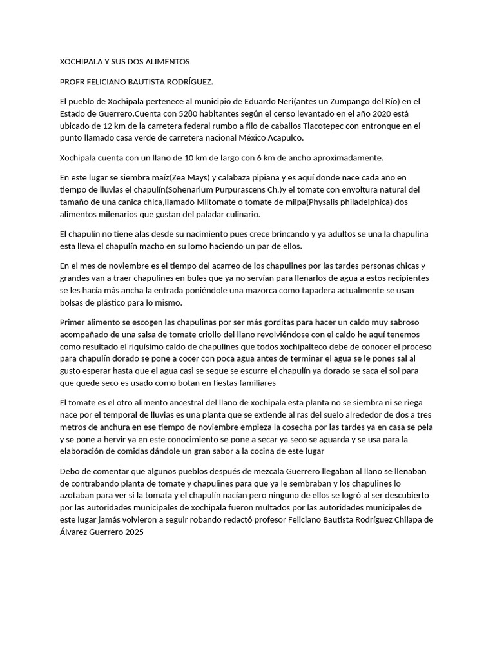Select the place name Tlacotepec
click(x=311, y=126)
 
